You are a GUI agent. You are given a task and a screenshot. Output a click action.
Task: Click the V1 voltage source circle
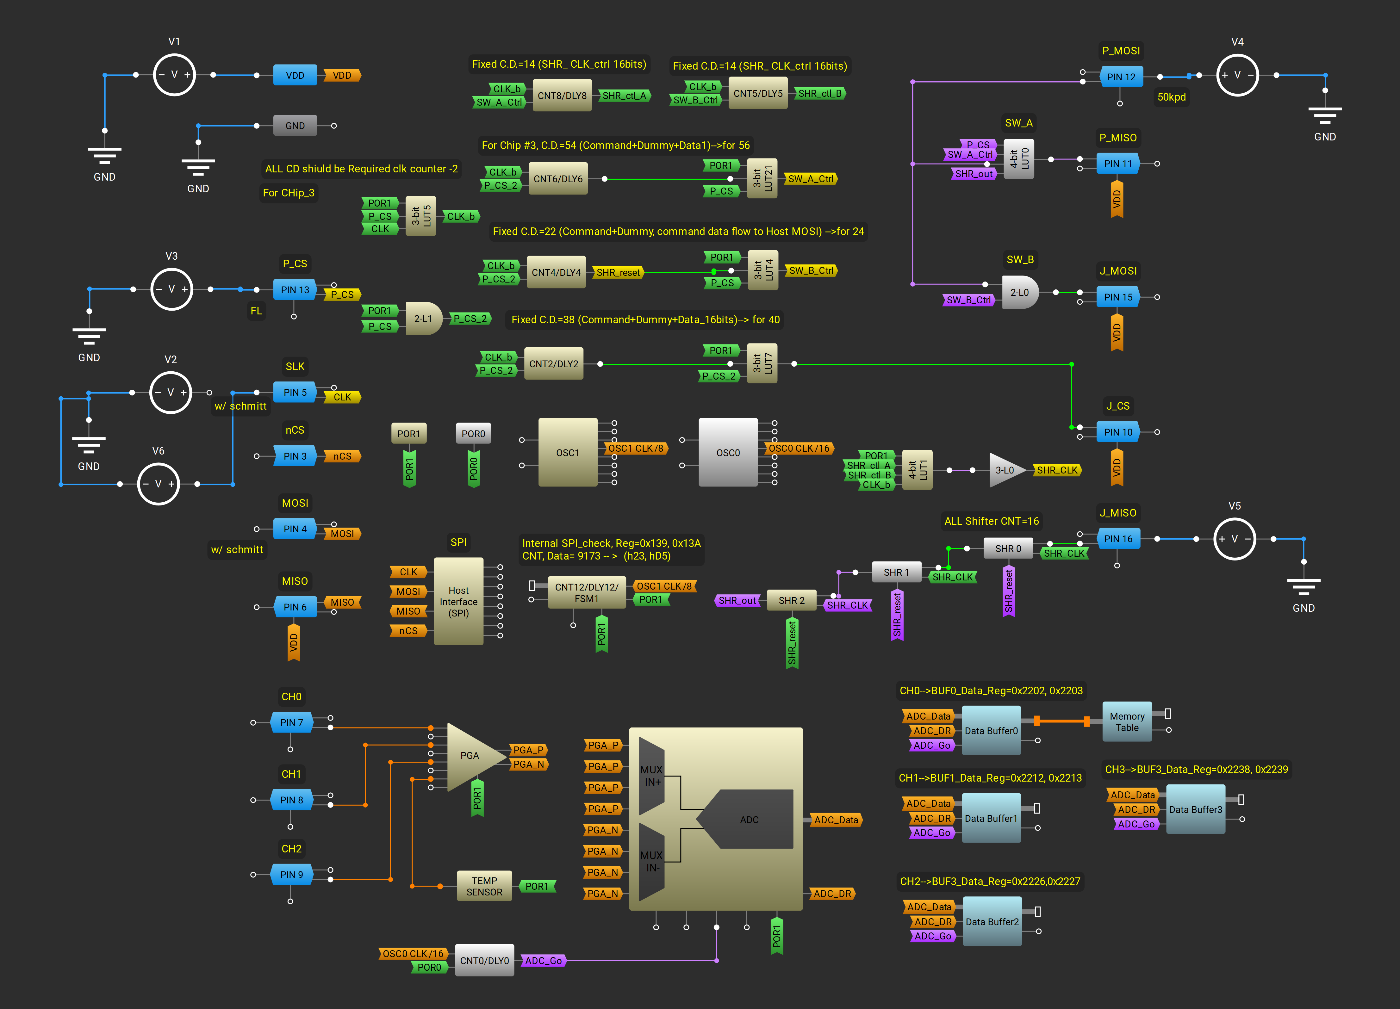tap(174, 75)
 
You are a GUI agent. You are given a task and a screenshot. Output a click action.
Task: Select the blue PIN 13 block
tap(295, 289)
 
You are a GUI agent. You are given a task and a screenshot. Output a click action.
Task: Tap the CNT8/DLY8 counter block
tap(562, 95)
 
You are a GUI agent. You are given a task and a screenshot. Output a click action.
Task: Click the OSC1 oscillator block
tap(567, 452)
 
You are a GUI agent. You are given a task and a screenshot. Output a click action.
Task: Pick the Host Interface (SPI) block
tap(458, 602)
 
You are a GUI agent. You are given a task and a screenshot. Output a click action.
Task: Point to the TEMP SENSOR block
tap(484, 886)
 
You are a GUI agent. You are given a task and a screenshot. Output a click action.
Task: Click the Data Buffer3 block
tap(1195, 809)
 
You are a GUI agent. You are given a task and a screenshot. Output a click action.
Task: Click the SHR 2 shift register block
tap(791, 600)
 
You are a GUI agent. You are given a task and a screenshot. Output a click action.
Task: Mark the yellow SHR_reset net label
tap(618, 272)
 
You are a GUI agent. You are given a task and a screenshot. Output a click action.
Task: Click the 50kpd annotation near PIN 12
tap(1171, 97)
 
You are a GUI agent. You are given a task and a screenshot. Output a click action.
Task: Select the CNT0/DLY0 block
tap(484, 960)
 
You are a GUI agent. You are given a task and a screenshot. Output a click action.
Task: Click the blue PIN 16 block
tap(1118, 539)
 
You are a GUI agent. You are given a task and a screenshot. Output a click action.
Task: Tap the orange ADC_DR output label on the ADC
tap(832, 894)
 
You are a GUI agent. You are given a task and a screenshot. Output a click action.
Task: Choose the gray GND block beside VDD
tap(295, 125)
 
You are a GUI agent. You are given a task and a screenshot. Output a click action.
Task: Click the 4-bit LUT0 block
tap(1018, 159)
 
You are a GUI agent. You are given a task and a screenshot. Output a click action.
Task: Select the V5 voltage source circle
tap(1235, 539)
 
